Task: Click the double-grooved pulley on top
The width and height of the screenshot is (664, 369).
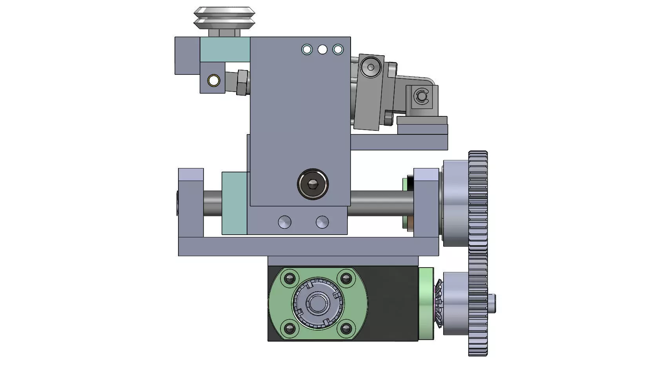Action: (224, 18)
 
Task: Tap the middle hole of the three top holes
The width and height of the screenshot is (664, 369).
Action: (322, 50)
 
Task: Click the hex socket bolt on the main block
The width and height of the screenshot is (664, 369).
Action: (313, 184)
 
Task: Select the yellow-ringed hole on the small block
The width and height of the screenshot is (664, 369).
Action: (214, 81)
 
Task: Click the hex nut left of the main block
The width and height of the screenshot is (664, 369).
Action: (242, 83)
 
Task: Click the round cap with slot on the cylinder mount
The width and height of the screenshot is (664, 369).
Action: (370, 67)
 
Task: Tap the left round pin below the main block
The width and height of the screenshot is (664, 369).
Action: (285, 222)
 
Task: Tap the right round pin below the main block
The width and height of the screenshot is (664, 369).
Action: (322, 222)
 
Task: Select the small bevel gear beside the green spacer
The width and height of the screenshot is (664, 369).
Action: (438, 304)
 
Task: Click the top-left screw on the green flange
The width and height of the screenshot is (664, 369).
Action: (290, 279)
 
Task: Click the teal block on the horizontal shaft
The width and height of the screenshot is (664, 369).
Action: (234, 203)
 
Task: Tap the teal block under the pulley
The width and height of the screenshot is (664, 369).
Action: (225, 49)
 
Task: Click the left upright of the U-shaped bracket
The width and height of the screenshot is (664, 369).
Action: (191, 204)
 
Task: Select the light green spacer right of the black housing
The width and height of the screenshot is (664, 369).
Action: (426, 304)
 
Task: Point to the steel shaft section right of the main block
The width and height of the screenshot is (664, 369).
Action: (380, 203)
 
